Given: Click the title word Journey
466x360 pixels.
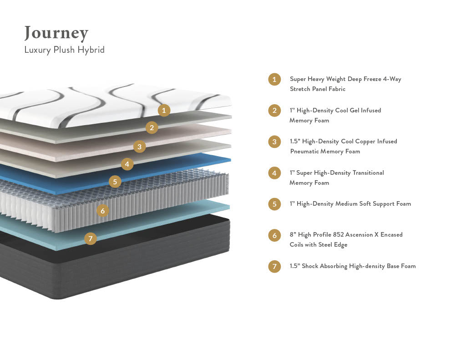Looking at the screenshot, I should pyautogui.click(x=56, y=33).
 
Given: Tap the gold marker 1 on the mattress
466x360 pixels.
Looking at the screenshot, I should pyautogui.click(x=164, y=110).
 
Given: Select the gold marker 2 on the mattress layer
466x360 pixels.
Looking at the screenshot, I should pyautogui.click(x=152, y=127).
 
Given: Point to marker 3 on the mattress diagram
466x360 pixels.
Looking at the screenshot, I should pyautogui.click(x=140, y=147).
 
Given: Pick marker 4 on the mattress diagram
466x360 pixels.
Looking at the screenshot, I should pyautogui.click(x=127, y=164).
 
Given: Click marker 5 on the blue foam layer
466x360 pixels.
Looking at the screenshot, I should pyautogui.click(x=115, y=182).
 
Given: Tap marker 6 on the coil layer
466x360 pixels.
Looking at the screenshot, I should pyautogui.click(x=103, y=211).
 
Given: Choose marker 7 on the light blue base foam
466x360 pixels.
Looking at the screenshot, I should pyautogui.click(x=91, y=238).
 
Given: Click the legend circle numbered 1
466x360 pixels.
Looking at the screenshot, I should pyautogui.click(x=274, y=80).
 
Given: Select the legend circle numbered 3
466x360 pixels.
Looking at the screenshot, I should pyautogui.click(x=274, y=142).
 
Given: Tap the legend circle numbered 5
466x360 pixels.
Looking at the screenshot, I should pyautogui.click(x=274, y=204).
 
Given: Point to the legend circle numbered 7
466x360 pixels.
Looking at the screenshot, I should pyautogui.click(x=274, y=266).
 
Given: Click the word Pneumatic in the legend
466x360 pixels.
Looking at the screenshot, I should pyautogui.click(x=305, y=152).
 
